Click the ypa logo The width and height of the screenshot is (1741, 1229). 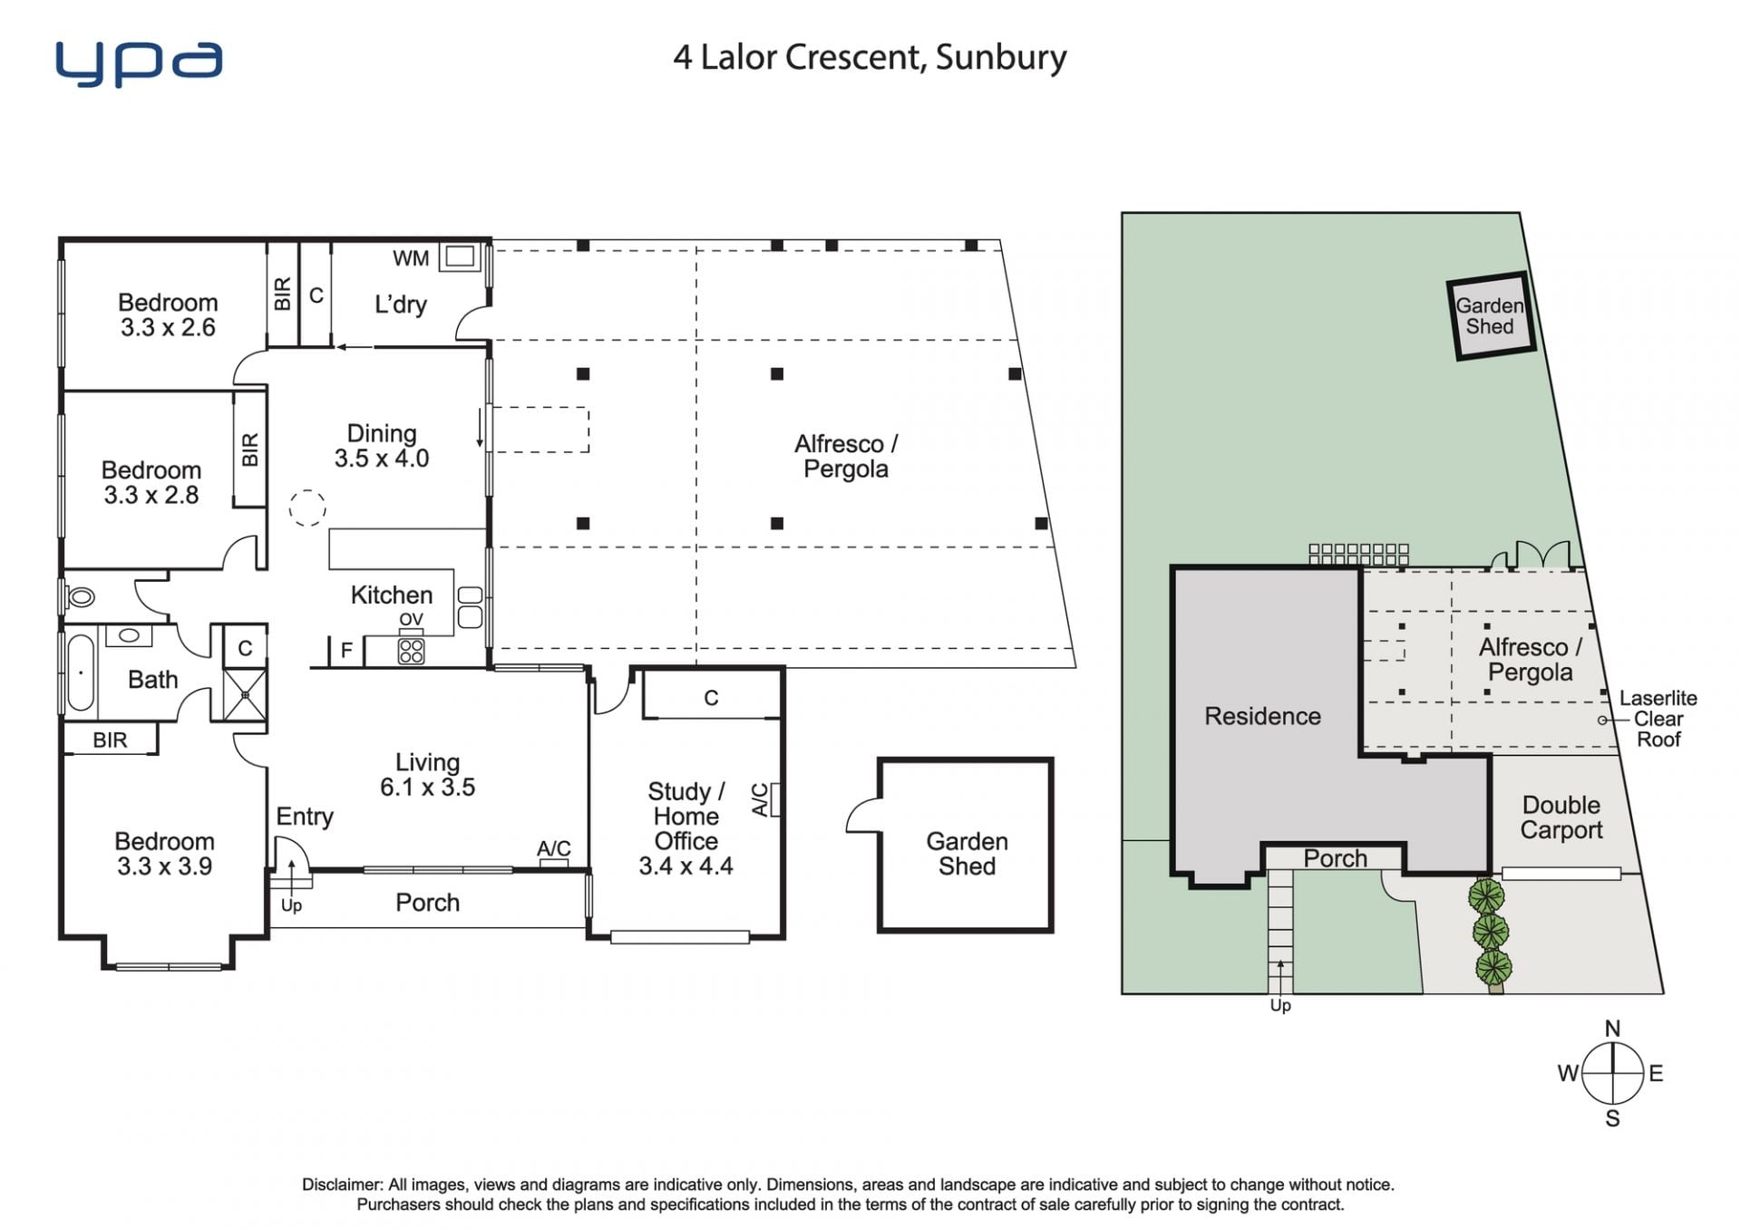[139, 63]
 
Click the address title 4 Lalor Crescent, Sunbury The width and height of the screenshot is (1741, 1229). [870, 57]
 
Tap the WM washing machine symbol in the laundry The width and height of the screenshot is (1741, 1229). [460, 256]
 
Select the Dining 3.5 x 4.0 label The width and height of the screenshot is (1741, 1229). [382, 446]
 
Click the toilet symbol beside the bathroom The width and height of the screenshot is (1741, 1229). [80, 596]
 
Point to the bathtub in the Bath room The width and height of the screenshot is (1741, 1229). [81, 672]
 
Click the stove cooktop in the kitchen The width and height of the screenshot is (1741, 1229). [411, 651]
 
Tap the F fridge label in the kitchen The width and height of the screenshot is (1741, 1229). [346, 650]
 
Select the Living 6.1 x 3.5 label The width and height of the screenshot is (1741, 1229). [427, 775]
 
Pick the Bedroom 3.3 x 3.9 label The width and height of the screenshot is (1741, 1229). [164, 854]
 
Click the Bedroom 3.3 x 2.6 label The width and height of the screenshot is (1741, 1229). [168, 315]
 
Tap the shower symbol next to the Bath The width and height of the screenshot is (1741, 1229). [245, 694]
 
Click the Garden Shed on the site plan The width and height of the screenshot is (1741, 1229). [1490, 316]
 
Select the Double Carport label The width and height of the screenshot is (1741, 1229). [1561, 818]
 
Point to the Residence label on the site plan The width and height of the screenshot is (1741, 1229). [1262, 716]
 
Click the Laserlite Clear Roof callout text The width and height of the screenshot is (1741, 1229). [1658, 719]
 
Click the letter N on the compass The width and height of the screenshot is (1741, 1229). [1612, 1029]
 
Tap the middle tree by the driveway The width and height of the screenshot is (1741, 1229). [1491, 931]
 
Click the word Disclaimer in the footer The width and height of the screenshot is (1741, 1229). [342, 1185]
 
